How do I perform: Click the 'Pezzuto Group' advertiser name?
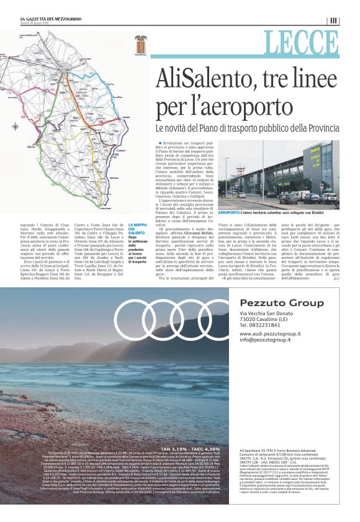271,302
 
